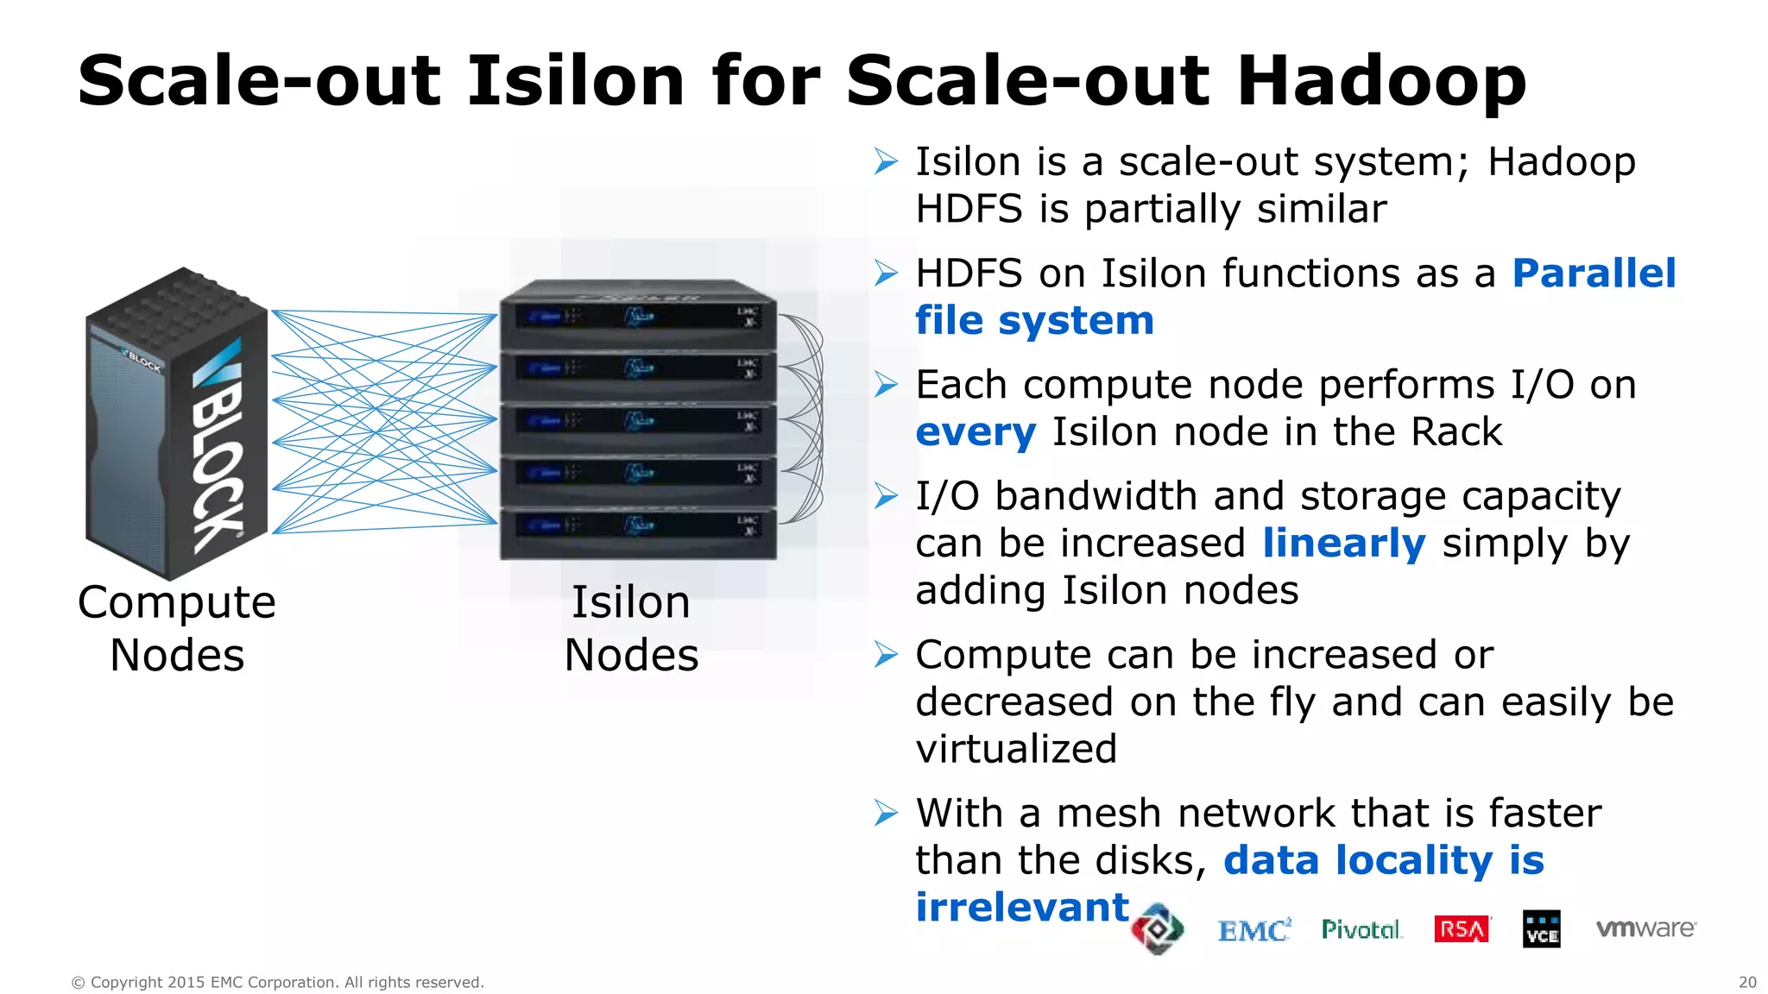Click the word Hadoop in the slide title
[x=1381, y=81]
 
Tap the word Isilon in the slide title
[x=576, y=81]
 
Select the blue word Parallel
[x=1594, y=274]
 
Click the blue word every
[x=976, y=432]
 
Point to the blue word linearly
[x=1343, y=544]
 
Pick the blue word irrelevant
[x=1022, y=908]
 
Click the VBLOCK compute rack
[x=177, y=423]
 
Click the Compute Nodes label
[x=177, y=628]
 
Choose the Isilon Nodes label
[x=631, y=628]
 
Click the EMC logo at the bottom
[x=1253, y=930]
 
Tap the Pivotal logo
[x=1361, y=929]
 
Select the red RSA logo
[x=1462, y=929]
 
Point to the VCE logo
[x=1542, y=929]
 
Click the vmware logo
[x=1645, y=928]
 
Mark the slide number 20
[x=1747, y=982]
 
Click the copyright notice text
[x=277, y=982]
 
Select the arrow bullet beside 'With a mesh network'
[x=886, y=813]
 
